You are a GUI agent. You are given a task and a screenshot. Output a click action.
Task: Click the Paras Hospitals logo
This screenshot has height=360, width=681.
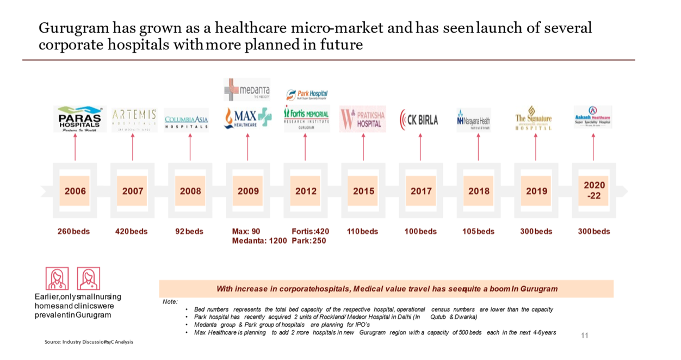coord(80,119)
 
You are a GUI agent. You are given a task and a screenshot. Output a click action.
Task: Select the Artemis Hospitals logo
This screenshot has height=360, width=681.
coord(134,119)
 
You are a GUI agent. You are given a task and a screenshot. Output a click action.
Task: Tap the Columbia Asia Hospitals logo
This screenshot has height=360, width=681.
coord(187,121)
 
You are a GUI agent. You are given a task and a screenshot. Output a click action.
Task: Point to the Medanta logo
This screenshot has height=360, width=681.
coord(246,90)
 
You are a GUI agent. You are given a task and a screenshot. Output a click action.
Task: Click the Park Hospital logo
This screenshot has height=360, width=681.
coord(307,95)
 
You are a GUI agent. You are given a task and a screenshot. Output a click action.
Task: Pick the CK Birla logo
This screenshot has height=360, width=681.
coord(419,120)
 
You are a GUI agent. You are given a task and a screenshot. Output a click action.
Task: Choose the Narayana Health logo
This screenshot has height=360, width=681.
coord(473,121)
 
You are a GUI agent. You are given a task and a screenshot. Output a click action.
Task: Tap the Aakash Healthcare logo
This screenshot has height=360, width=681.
coord(592,117)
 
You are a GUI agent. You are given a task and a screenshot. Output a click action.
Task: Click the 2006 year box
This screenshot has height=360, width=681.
coord(75,191)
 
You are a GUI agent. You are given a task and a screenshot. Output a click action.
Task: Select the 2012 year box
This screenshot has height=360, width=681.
coord(306,191)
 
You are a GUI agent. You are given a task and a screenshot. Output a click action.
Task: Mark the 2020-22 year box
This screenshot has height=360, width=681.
coord(594,190)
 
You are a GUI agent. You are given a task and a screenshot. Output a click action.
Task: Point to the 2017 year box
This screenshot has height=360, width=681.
coord(420,191)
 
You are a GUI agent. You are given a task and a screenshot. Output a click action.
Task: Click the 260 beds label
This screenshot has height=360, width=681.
coord(73,231)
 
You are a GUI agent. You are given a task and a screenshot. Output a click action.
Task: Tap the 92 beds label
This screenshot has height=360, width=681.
coord(189,231)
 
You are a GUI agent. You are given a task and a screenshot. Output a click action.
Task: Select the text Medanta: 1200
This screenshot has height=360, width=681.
coord(259,240)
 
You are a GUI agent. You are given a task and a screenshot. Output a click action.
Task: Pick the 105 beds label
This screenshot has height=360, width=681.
coord(478,231)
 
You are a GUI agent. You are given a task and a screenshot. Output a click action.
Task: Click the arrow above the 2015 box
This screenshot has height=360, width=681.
coord(363,147)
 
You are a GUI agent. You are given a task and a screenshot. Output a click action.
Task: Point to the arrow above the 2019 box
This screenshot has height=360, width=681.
coord(536,147)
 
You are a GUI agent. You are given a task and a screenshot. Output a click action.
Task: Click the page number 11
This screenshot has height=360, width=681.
coord(585,336)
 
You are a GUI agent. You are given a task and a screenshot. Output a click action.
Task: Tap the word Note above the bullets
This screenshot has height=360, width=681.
coord(170,301)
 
